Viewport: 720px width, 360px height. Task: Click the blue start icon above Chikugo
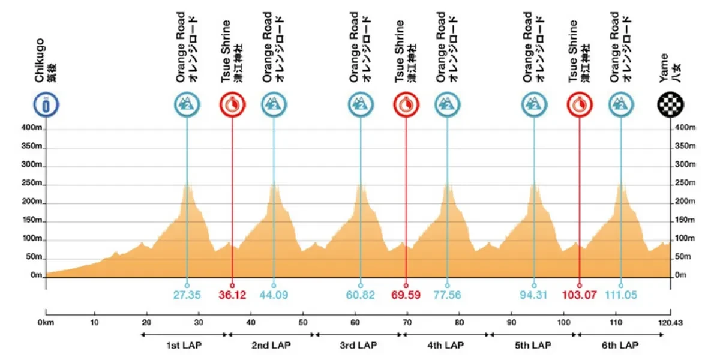(x=46, y=105)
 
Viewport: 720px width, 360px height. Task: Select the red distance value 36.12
(x=232, y=295)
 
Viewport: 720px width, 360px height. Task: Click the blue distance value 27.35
(x=187, y=295)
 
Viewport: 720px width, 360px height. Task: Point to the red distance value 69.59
(x=406, y=295)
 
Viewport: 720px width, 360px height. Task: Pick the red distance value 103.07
(x=579, y=295)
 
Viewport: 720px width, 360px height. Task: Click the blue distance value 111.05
(x=620, y=295)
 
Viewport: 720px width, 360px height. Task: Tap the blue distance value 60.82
(x=360, y=295)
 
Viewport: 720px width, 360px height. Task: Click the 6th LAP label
(x=621, y=346)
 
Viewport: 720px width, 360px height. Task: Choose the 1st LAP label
(x=184, y=346)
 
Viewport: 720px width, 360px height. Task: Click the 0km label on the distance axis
(x=46, y=322)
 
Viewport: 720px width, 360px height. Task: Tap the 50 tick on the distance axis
(x=304, y=322)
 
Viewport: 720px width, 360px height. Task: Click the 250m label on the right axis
(x=684, y=183)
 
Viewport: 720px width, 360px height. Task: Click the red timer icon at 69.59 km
(x=406, y=105)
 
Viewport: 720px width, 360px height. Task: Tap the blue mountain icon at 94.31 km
(x=533, y=105)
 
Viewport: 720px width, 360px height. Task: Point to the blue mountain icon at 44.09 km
(x=273, y=105)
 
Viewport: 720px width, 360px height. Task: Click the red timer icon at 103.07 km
(x=579, y=105)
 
